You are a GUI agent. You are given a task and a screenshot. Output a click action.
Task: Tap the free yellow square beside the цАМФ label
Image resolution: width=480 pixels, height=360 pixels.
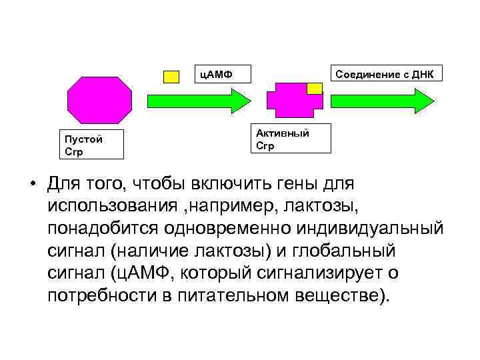point(171,75)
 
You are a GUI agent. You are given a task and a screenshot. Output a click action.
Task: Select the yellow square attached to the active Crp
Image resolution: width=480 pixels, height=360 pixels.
point(314,88)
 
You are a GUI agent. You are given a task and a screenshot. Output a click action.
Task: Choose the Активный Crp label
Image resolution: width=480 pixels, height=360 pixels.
point(291,139)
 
